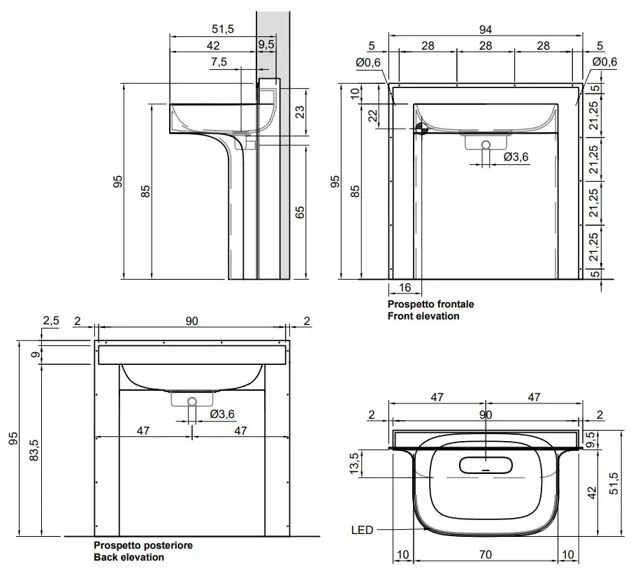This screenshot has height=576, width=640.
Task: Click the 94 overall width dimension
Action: [486, 29]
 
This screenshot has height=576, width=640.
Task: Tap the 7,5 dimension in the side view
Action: [219, 62]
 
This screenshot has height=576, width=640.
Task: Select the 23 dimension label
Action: [300, 112]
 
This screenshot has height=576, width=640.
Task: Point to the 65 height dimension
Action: [300, 213]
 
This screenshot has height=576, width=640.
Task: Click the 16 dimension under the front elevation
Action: [405, 288]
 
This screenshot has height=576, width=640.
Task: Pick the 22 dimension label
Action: [374, 115]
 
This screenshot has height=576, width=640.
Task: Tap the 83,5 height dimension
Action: [35, 450]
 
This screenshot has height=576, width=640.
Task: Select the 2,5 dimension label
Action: [51, 321]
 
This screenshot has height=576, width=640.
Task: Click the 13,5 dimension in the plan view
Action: [354, 463]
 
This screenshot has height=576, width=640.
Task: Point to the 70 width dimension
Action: [486, 555]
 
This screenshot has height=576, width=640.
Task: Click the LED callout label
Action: [362, 531]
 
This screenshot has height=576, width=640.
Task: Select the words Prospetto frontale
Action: [430, 304]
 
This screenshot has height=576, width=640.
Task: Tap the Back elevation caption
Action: [129, 557]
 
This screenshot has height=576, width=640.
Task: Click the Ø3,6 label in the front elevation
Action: [516, 157]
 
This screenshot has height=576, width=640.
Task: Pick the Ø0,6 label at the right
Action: [604, 62]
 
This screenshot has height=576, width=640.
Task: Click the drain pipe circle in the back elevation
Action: [192, 402]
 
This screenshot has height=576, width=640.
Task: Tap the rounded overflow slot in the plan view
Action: [486, 465]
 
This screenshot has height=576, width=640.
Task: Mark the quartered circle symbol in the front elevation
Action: [421, 129]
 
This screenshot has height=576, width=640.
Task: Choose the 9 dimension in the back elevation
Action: [36, 354]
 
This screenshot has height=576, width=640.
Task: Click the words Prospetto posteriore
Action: [143, 545]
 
